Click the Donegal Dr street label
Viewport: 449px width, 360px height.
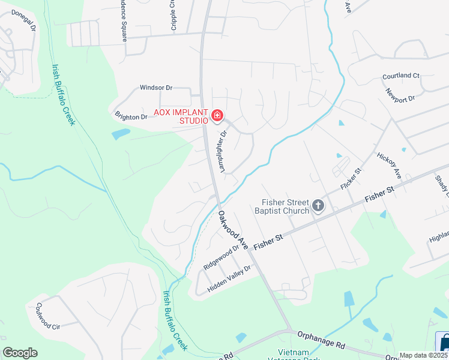(24, 20)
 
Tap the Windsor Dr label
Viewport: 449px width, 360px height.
(156, 88)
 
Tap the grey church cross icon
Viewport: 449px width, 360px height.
(318, 207)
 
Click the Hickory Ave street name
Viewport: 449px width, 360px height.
(388, 165)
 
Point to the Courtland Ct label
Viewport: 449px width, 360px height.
(401, 76)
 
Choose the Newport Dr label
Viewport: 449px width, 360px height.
(400, 95)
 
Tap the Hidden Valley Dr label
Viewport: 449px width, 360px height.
(229, 280)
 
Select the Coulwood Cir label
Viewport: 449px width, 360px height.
(48, 316)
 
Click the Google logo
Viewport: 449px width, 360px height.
(20, 353)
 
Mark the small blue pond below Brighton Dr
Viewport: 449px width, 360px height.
(121, 133)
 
